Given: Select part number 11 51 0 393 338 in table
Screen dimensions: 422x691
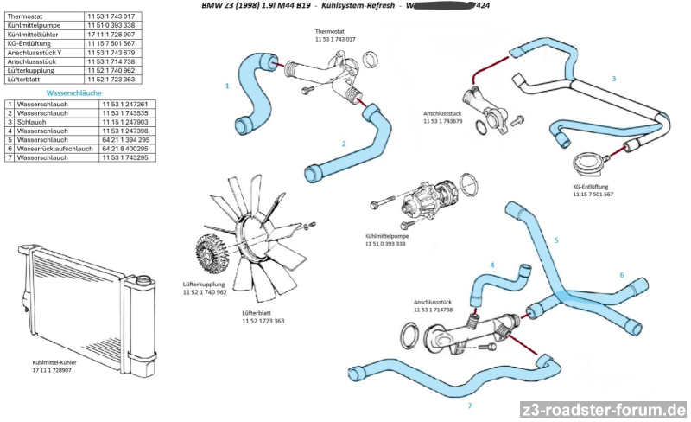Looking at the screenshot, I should pos(110,26).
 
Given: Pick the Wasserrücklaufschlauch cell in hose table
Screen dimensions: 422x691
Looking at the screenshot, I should pos(49,148).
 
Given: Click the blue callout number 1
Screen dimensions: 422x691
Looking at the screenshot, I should pos(227,86).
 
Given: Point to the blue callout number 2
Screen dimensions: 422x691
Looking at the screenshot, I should pos(344,144).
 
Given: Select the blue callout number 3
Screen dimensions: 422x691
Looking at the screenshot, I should pos(614,79).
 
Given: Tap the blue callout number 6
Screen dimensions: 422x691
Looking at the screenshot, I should pos(621,275).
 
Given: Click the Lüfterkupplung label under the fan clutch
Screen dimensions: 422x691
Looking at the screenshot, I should pos(204,284).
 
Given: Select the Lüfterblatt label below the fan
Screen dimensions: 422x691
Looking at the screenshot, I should pos(257,312).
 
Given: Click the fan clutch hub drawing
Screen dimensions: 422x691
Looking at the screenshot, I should pos(210,251).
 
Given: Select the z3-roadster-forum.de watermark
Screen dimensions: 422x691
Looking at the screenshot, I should pos(603,409).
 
